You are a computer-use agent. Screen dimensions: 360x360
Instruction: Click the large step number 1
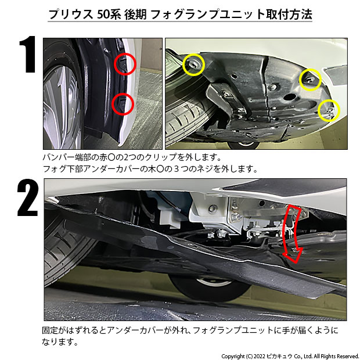coord(28,54)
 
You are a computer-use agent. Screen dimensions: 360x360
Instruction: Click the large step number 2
coord(27,197)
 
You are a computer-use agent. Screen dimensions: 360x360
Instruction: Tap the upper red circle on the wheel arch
coord(125,64)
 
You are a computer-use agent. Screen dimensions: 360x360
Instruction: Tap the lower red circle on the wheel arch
coord(123,105)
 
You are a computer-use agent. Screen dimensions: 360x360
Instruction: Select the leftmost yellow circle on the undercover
coord(193,65)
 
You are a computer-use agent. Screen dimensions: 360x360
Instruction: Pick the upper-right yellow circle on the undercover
coord(311,80)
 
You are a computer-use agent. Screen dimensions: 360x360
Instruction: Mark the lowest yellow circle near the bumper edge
coord(329,110)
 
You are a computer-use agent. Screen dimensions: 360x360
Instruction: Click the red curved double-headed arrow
coord(292,233)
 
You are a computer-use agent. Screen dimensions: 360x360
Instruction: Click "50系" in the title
coord(109,15)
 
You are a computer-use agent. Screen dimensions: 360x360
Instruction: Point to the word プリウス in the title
coord(71,15)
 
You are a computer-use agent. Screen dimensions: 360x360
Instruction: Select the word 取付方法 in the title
coord(289,15)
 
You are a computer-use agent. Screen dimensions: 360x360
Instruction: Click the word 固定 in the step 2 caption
coord(51,330)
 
